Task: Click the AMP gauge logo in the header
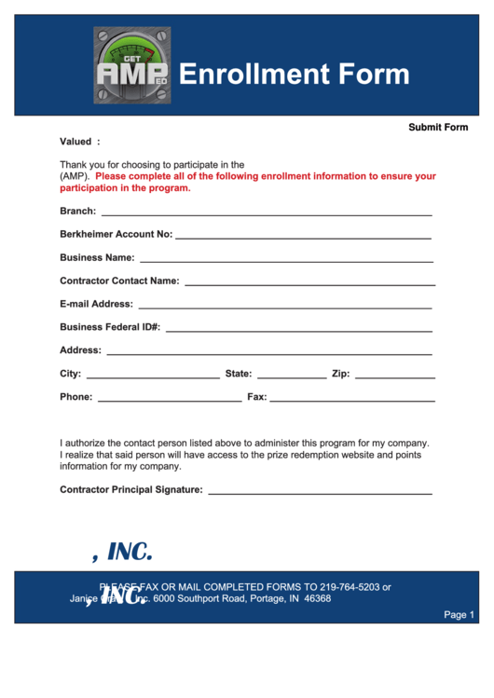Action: [x=131, y=65]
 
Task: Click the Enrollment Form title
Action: [x=294, y=75]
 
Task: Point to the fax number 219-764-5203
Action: [x=350, y=587]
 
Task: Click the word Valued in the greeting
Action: [x=75, y=142]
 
